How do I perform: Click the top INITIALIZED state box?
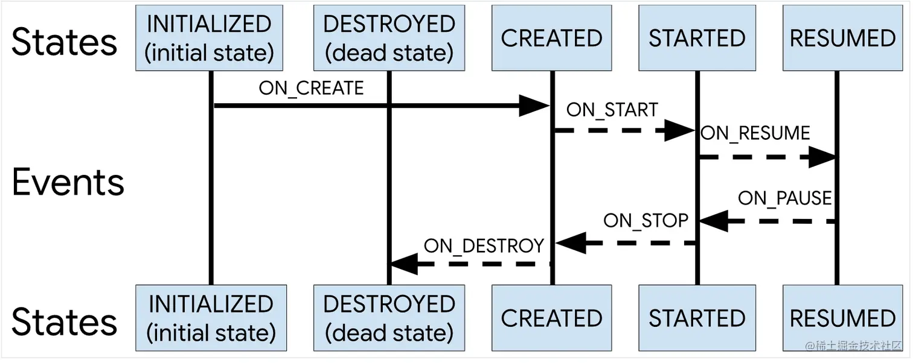coord(210,38)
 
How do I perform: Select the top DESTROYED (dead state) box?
coord(389,38)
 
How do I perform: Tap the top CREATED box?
coord(551,38)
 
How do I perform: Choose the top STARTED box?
coord(697,38)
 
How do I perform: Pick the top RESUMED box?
coord(842,38)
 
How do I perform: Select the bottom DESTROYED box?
coord(389,318)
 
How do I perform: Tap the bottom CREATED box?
coord(551,318)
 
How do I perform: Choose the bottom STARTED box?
coord(697,318)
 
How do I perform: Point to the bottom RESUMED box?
coord(842,318)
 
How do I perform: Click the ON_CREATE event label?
coord(311,88)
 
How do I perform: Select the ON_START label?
coord(612,110)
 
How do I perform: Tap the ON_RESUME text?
coord(755,133)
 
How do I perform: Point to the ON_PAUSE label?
coord(784,198)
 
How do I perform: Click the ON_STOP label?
coord(645,221)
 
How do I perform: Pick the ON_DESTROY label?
coord(484,246)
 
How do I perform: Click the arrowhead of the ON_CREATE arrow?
coord(534,106)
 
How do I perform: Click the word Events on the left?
coord(68,182)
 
